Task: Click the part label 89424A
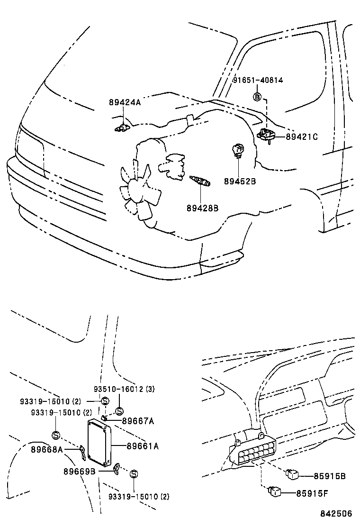tap(125, 102)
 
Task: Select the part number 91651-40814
tap(258, 80)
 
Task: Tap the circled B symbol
tap(257, 97)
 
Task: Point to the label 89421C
tap(302, 137)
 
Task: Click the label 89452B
tap(240, 181)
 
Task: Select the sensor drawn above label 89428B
tap(200, 181)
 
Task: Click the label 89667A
tap(138, 420)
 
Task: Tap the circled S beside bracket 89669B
tap(134, 473)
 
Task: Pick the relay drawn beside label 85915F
tap(274, 491)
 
